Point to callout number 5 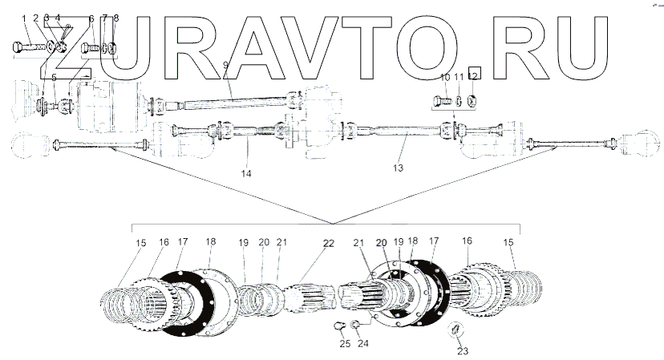tap(55, 78)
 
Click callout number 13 tap(398, 168)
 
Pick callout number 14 tap(246, 173)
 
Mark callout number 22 tap(328, 243)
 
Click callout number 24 tap(363, 344)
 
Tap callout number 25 tap(344, 344)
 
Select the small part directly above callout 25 tap(340, 326)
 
